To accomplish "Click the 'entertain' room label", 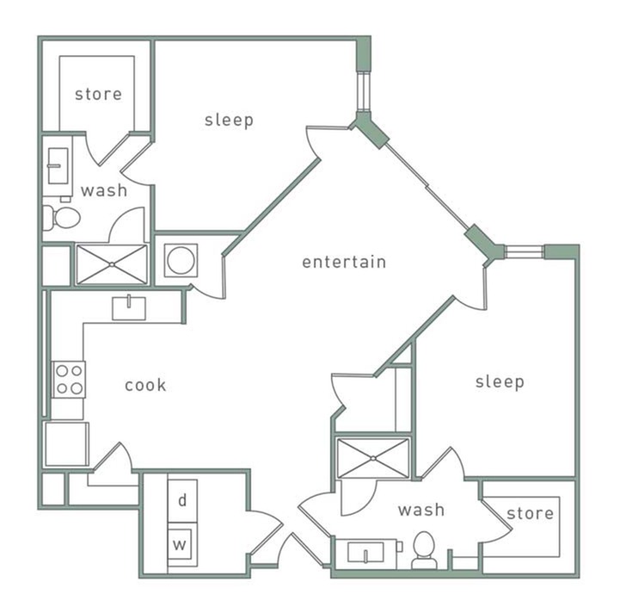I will point(344,262).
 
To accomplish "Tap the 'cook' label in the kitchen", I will point(145,385).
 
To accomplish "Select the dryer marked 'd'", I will point(182,500).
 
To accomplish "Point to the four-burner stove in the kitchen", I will point(70,379).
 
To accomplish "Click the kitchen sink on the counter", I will point(129,306).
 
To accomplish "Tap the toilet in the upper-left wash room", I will point(61,217).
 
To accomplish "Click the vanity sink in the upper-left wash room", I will point(58,165).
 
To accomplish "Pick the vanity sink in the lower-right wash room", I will point(367,552).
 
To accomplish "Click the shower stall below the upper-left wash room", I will point(112,264).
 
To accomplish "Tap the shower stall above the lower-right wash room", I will point(373,457).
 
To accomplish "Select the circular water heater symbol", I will point(181,260).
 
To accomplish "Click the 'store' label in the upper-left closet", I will point(98,94).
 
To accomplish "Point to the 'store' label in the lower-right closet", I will point(530,514).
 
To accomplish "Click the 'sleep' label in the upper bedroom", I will point(230,120).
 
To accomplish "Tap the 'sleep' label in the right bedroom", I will point(500,381).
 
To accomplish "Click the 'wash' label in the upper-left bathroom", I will point(104,190).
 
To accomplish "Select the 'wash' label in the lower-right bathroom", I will point(421,510).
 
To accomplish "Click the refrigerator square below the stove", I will point(66,444).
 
